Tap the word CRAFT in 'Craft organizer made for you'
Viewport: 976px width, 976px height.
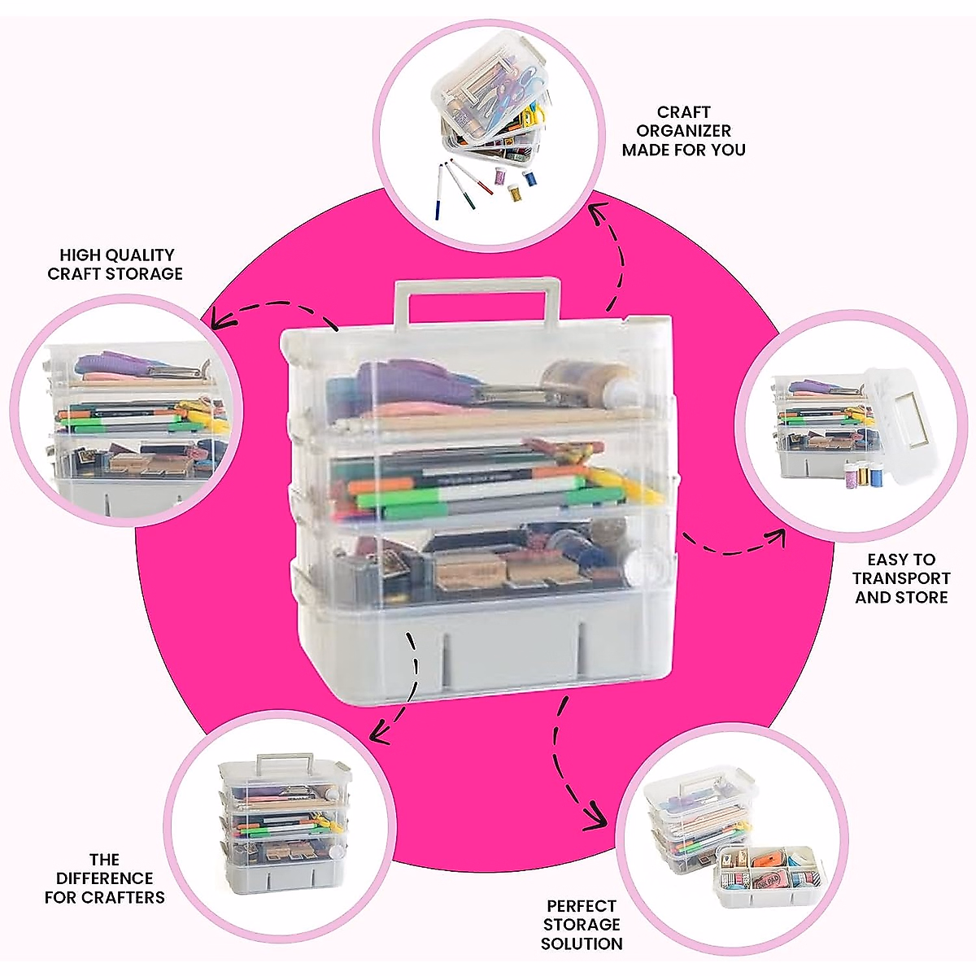click(683, 112)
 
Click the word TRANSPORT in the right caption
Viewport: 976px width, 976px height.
click(901, 578)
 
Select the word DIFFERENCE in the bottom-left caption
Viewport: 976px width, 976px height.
click(104, 878)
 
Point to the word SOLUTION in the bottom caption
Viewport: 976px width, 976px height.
click(582, 943)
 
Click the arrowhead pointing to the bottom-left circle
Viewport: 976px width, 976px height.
click(378, 734)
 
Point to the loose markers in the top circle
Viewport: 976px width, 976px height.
click(460, 187)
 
